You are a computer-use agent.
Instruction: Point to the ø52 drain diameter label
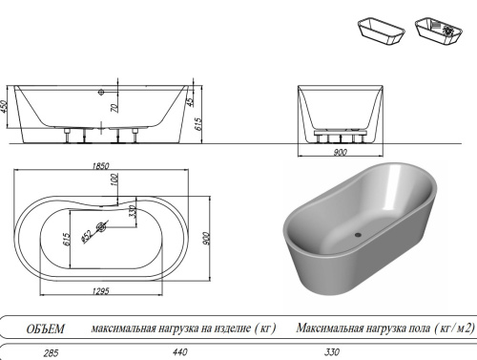(x=87, y=232)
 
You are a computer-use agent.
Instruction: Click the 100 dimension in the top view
(x=114, y=180)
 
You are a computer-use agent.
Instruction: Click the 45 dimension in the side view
(x=190, y=102)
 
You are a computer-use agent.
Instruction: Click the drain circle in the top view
(x=103, y=225)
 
